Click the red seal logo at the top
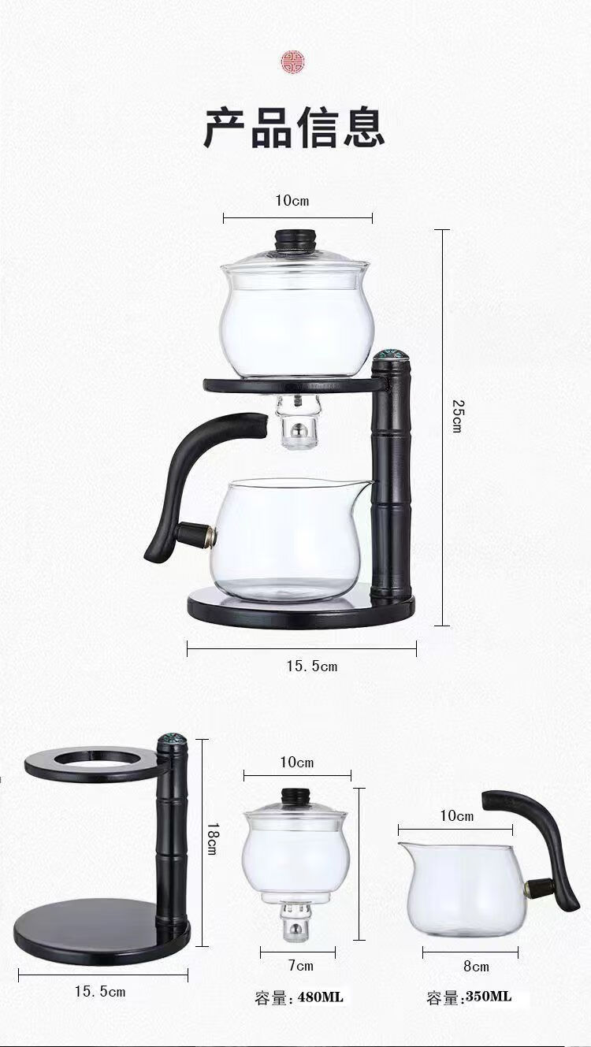point(292,61)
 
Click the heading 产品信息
point(295,128)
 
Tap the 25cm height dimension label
point(457,415)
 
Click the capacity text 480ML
point(320,995)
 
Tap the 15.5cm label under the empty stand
point(100,991)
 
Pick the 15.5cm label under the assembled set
point(312,666)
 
